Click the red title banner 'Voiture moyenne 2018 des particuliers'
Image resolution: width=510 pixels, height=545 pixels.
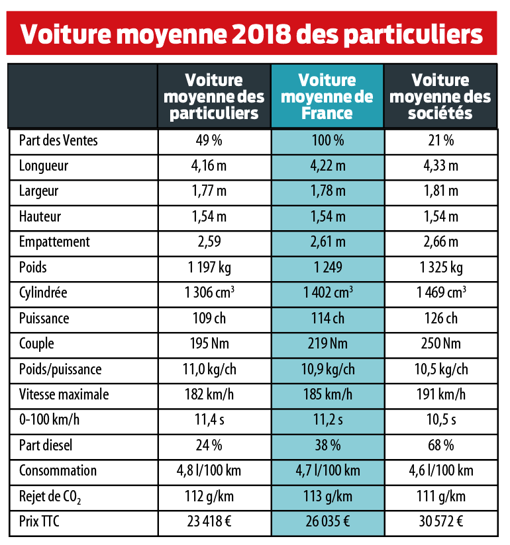click(252, 33)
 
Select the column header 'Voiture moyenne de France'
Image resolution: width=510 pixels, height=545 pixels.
click(327, 97)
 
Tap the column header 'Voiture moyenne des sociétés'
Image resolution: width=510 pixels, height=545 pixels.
click(440, 97)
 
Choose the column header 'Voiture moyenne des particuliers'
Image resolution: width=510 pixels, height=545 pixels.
click(214, 97)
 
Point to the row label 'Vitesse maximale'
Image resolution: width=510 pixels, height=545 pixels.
click(64, 395)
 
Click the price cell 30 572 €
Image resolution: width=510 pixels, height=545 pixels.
click(440, 522)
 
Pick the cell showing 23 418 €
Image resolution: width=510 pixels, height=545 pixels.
click(214, 522)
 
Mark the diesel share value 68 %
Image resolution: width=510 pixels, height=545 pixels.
click(440, 446)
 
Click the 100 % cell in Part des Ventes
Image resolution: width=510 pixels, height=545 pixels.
click(327, 140)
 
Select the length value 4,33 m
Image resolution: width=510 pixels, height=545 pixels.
click(440, 166)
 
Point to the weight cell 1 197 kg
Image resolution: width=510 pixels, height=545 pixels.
click(214, 268)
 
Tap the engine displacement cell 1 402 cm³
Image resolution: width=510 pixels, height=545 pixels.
click(327, 293)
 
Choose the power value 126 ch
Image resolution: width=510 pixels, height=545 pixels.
click(440, 319)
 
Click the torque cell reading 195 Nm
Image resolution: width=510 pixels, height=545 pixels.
click(214, 344)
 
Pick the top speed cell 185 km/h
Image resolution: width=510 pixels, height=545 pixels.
click(327, 395)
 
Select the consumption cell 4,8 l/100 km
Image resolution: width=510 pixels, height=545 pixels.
click(214, 471)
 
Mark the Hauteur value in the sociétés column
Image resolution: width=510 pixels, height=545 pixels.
click(440, 217)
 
